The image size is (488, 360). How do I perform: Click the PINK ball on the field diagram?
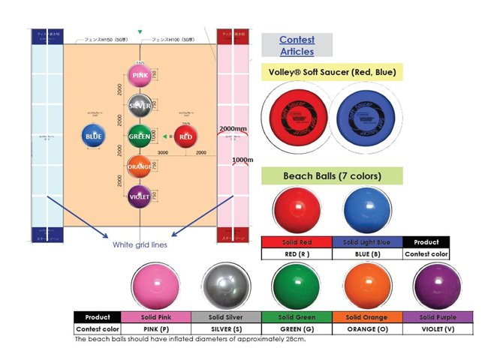coord(140,76)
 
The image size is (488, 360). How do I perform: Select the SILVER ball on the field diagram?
coord(140,106)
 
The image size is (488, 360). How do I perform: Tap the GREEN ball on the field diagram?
coord(140,136)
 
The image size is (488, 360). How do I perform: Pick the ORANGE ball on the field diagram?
coord(140,166)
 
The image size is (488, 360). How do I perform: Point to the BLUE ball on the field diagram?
coord(94,136)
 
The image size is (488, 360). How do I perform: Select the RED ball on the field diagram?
coord(185,136)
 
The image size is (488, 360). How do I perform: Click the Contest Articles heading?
coord(297,46)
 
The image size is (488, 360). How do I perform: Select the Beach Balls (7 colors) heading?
coord(331,176)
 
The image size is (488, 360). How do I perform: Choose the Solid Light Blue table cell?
coord(367,242)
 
